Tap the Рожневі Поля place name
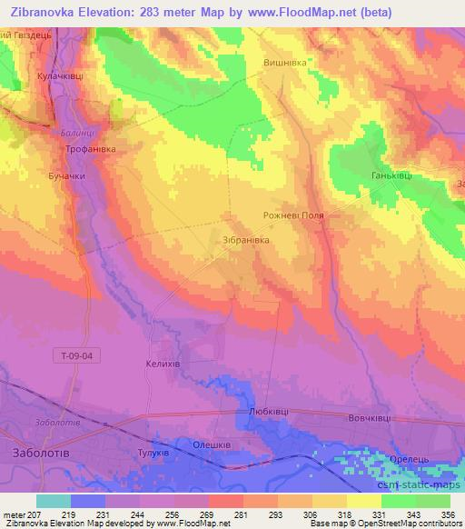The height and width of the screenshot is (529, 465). [x=293, y=216]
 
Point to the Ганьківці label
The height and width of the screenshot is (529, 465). [x=391, y=175]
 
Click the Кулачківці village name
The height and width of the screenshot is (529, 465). [x=60, y=77]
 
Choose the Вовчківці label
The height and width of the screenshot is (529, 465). [x=369, y=417]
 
